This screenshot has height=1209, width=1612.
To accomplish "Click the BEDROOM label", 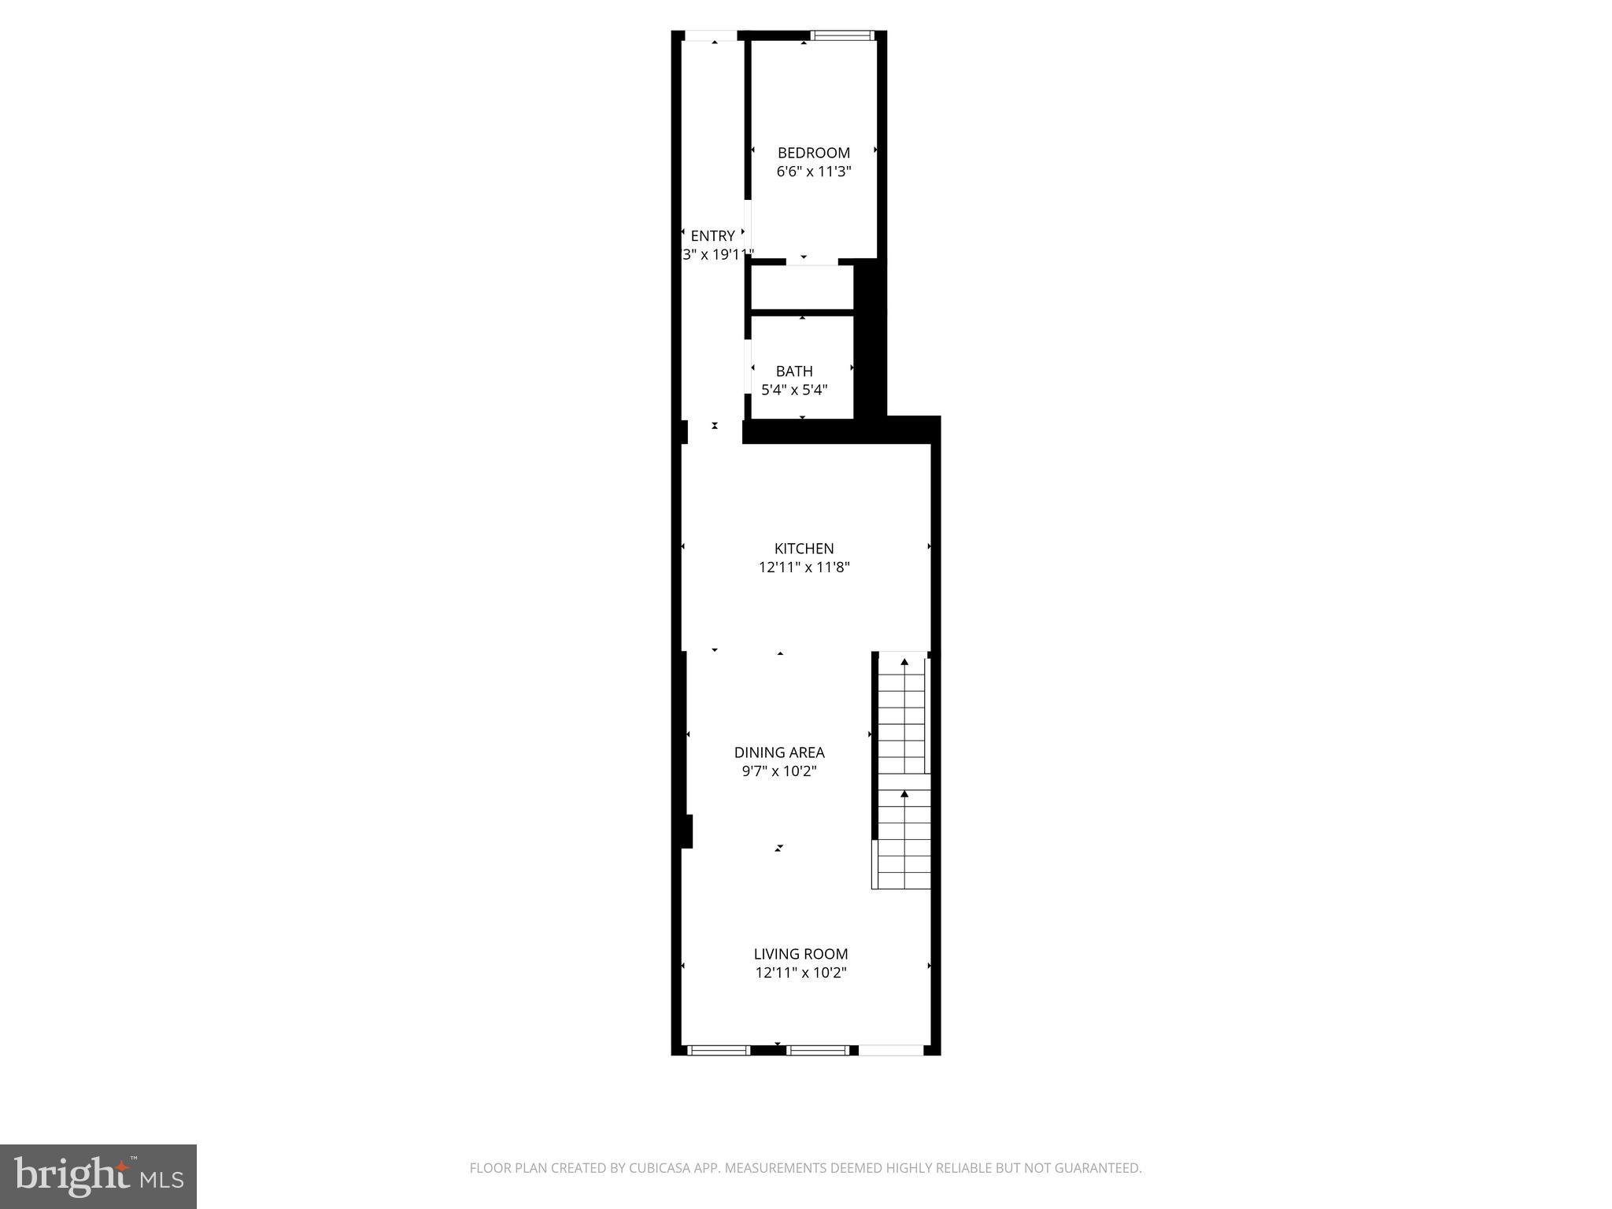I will click(814, 153).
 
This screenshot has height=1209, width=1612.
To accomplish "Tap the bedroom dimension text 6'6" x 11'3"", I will click(814, 172).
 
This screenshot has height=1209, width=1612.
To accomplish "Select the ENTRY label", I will click(712, 235).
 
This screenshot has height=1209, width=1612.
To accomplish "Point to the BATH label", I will click(794, 371).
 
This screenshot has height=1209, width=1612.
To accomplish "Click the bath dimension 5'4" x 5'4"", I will click(794, 390).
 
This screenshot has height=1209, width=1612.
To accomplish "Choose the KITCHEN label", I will click(804, 549).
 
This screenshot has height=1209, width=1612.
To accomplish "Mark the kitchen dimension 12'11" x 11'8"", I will click(804, 567).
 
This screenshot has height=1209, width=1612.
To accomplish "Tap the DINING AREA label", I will click(779, 752).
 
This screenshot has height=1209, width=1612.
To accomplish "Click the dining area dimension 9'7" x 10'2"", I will click(779, 771).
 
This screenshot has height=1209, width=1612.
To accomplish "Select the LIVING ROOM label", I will click(800, 954).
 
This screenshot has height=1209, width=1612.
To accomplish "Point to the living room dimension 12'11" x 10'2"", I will click(800, 973).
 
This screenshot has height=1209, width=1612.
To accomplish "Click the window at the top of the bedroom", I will click(842, 35).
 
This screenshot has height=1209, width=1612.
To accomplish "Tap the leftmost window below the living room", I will click(719, 1050).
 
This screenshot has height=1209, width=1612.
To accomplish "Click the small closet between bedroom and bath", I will click(802, 288).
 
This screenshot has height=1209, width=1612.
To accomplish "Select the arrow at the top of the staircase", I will click(904, 663).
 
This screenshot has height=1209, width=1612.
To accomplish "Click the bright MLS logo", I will click(98, 1176).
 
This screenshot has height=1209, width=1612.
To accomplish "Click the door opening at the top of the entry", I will click(710, 35).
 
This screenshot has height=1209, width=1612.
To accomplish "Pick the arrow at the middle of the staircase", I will click(904, 794).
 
